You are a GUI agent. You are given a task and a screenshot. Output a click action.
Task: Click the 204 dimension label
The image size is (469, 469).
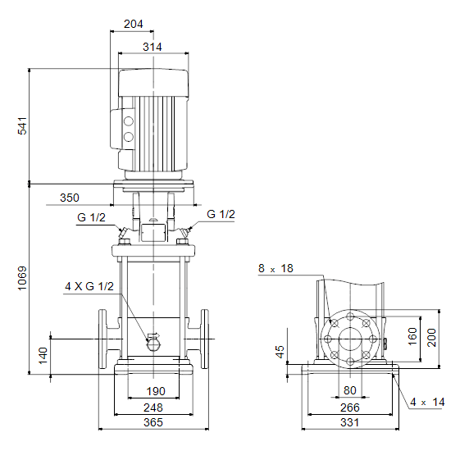(x=134, y=24)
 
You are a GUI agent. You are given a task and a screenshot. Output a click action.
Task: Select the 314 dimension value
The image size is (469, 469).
(x=153, y=47)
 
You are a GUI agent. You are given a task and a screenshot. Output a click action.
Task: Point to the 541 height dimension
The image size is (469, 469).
(x=22, y=126)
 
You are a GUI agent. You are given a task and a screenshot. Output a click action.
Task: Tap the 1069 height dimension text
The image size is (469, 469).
(x=22, y=278)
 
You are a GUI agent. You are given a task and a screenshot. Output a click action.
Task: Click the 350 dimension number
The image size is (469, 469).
(x=70, y=198)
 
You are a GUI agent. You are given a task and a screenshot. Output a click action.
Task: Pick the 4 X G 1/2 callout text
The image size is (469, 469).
(x=89, y=286)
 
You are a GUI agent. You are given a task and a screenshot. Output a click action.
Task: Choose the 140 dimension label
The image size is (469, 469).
(x=43, y=355)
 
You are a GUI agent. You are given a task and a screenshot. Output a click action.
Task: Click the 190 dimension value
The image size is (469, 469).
(x=156, y=391)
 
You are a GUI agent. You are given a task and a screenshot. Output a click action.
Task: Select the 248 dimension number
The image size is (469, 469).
(x=153, y=408)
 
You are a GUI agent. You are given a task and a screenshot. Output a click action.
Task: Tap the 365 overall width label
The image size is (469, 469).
(x=153, y=422)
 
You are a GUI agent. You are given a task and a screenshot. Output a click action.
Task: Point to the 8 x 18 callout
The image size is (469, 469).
(x=275, y=268)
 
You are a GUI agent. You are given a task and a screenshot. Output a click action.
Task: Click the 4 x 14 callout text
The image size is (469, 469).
(x=427, y=402)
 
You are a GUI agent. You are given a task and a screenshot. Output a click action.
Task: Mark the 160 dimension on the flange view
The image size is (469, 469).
(x=412, y=336)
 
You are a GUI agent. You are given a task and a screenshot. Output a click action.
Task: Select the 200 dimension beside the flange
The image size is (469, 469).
(x=431, y=338)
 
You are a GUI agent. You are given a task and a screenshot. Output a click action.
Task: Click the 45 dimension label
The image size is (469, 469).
(x=280, y=352)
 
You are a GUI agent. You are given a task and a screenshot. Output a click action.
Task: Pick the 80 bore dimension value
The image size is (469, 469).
(x=349, y=390)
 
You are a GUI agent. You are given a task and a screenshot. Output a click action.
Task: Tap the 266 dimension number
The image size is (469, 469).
(x=349, y=408)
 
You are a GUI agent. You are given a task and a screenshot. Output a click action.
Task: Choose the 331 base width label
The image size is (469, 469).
(x=349, y=422)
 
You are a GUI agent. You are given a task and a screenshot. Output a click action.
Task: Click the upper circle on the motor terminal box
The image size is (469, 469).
(x=129, y=121)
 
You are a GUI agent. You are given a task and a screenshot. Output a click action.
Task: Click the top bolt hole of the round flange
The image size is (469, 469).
(x=350, y=316)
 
